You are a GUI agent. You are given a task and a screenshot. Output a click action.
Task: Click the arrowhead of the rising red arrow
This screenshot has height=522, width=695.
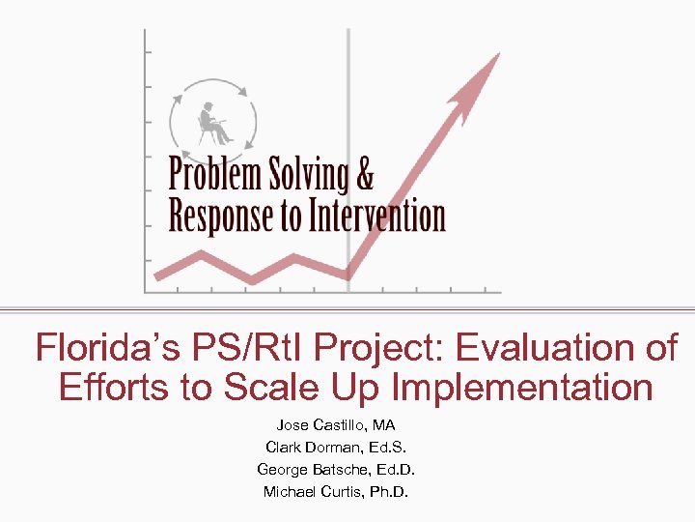484,72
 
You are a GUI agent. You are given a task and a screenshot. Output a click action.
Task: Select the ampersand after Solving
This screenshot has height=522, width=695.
363,175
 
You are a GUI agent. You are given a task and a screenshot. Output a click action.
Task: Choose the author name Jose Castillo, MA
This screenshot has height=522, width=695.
336,424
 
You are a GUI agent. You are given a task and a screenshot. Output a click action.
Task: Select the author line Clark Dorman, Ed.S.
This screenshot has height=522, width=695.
336,447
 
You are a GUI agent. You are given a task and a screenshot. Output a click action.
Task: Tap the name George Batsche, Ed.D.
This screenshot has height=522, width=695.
336,469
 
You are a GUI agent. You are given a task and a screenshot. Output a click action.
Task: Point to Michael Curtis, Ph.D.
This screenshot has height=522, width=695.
336,491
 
